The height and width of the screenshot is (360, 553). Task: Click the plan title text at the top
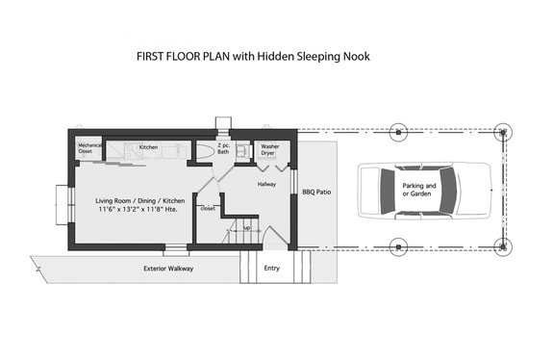click(x=253, y=56)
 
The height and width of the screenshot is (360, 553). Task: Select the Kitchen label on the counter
click(x=148, y=147)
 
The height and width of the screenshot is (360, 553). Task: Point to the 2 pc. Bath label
click(x=223, y=149)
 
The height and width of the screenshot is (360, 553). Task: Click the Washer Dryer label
click(x=269, y=149)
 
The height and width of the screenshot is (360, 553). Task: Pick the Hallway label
click(x=267, y=182)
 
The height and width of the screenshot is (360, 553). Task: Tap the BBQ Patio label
click(x=316, y=192)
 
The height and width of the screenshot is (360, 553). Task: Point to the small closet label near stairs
click(x=207, y=207)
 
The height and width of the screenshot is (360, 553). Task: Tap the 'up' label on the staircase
click(x=246, y=227)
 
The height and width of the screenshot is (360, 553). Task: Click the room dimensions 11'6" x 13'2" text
click(x=130, y=208)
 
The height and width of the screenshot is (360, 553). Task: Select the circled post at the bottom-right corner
click(x=500, y=245)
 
